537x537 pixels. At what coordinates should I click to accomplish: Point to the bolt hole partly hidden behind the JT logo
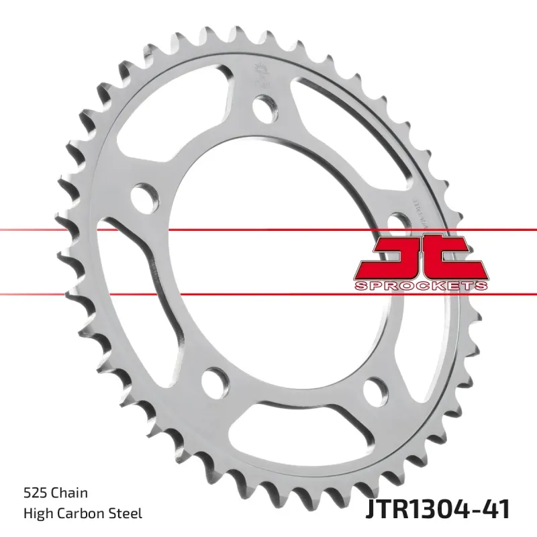pos(398,224)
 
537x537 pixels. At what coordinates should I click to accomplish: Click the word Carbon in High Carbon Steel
pos(84,514)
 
